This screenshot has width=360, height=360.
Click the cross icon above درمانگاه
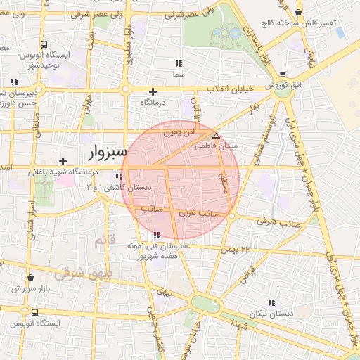pyautogui.click(x=153, y=91)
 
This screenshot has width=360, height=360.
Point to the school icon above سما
pyautogui.click(x=178, y=63)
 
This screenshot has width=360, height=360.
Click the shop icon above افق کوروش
pyautogui.click(x=282, y=75)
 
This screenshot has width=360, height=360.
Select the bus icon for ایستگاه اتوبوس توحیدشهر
pyautogui.click(x=44, y=44)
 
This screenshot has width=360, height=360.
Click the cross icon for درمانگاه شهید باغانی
pyautogui.click(x=63, y=161)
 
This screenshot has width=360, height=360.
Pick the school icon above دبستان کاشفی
pyautogui.click(x=122, y=177)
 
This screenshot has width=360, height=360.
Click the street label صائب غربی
pyautogui.click(x=208, y=212)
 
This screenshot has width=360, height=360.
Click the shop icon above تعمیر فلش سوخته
pyautogui.click(x=300, y=13)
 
